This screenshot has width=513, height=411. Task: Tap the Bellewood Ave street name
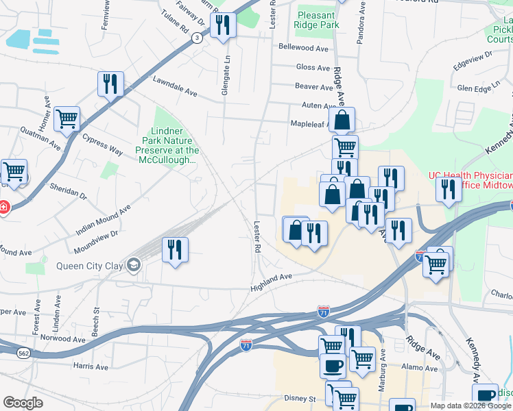(303, 48)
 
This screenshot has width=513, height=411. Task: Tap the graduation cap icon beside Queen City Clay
(133, 264)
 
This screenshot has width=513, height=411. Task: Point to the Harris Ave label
(91, 366)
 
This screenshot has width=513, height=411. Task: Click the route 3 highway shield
(198, 38)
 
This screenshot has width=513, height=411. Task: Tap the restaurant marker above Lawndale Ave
(110, 84)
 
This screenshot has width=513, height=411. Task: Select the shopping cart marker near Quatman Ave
(67, 119)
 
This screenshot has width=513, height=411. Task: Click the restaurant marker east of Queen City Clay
(175, 249)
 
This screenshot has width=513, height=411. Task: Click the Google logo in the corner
(23, 403)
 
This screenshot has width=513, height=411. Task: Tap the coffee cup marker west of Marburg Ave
(333, 365)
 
